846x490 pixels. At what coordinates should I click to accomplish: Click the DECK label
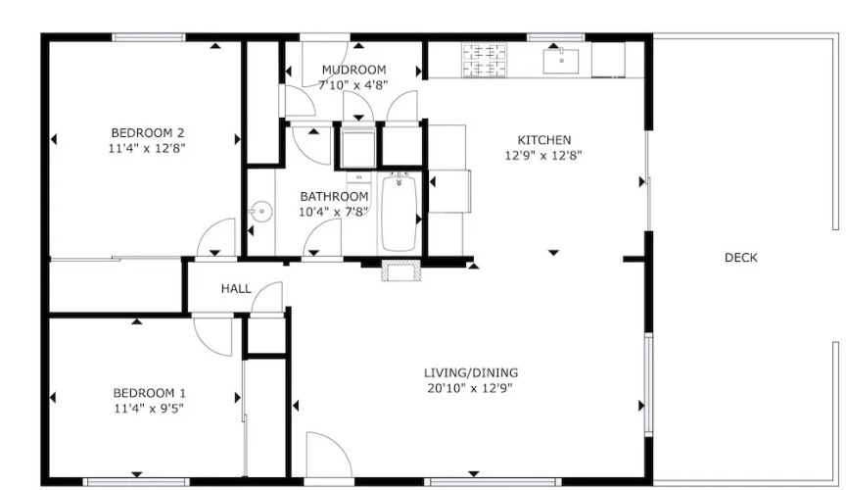point(741,258)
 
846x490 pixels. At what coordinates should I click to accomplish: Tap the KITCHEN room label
point(543,140)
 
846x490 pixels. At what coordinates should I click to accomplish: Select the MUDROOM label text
point(353,70)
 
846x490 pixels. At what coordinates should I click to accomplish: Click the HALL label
point(236,288)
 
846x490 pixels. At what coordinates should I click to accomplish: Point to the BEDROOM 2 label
point(148,133)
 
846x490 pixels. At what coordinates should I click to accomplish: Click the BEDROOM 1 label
point(150,393)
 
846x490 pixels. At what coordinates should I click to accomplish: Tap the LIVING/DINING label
point(470,372)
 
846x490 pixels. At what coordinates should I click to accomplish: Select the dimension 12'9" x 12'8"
point(543,156)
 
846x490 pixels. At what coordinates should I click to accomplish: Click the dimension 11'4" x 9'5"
point(149,409)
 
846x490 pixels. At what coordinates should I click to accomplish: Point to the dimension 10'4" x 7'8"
point(334,212)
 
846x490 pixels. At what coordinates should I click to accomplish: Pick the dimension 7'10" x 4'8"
point(352,85)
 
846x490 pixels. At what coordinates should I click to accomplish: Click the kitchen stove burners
point(485,61)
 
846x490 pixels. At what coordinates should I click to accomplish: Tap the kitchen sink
point(561,61)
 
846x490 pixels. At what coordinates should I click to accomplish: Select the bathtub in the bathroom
point(399,213)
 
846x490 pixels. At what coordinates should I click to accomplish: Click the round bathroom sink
point(260,212)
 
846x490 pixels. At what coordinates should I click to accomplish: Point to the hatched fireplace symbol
point(400,270)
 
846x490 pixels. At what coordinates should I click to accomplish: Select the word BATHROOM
point(334,196)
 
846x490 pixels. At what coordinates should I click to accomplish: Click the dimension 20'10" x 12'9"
point(470,388)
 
